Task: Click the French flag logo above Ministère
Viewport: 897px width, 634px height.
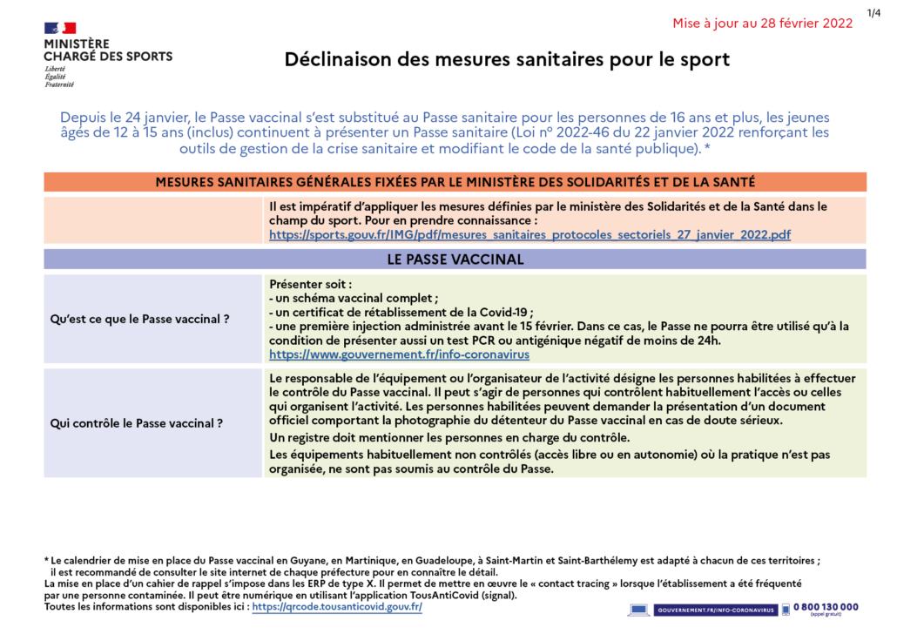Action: pos(60,28)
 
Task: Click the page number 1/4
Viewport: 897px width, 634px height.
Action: pos(873,12)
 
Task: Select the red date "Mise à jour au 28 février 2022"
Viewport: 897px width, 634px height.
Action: pos(762,24)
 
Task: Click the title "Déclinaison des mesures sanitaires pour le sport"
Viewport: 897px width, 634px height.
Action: pos(507,60)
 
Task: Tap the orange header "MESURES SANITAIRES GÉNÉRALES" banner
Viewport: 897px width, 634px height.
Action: pos(455,182)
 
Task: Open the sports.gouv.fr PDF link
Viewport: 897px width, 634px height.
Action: pos(529,235)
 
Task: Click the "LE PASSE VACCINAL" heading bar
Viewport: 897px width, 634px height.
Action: pos(455,260)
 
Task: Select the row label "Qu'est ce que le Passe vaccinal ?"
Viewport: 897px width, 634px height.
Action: pos(140,320)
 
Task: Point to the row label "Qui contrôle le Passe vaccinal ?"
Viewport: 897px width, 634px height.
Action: pos(137,424)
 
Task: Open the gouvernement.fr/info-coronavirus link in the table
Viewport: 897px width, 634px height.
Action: pos(399,355)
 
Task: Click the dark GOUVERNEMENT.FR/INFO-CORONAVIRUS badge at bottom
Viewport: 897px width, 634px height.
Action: pos(714,610)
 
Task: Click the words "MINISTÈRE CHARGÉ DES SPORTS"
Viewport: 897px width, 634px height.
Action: pos(108,51)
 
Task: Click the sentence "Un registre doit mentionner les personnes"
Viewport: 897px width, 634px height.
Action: pos(448,437)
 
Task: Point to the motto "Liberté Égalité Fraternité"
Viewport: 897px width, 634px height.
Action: pos(59,77)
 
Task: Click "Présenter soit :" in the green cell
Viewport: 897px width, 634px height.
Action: pos(311,285)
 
